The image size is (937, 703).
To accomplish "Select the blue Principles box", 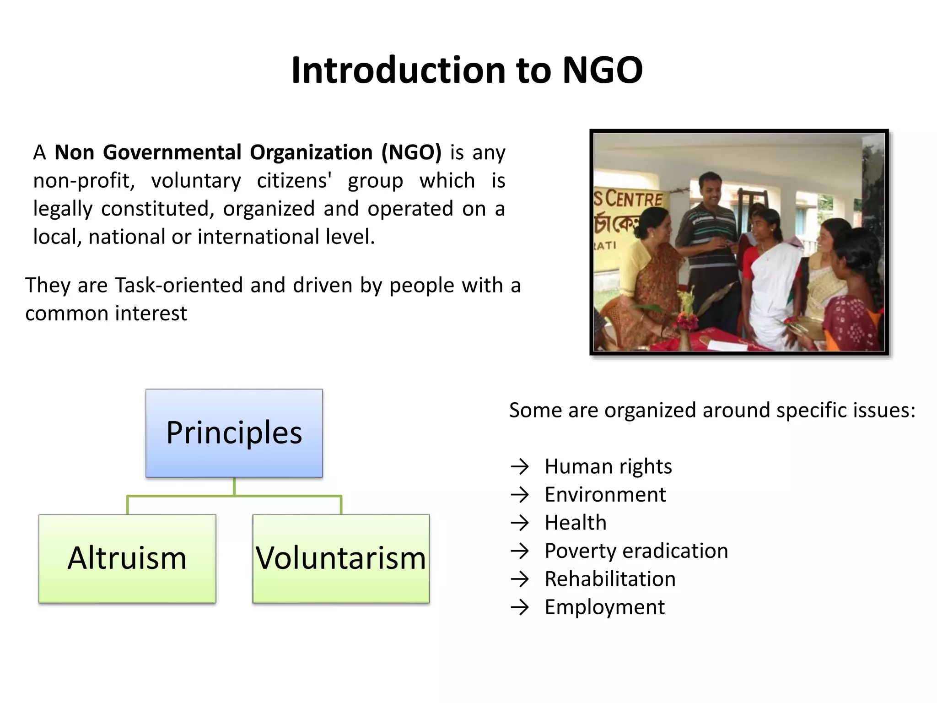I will coord(234,433).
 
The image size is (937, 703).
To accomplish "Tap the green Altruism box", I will coord(127,558).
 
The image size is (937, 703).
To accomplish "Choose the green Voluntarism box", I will coord(341,558).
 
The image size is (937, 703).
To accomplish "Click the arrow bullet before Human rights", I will coord(520,467).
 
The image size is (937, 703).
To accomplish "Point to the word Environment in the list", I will coord(605,495).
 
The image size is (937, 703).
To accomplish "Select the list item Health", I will coord(576,523).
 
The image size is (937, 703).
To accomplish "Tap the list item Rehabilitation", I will coord(610,579).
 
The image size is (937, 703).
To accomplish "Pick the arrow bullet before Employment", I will coord(520,607).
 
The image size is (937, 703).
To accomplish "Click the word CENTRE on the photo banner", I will coord(634,199).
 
